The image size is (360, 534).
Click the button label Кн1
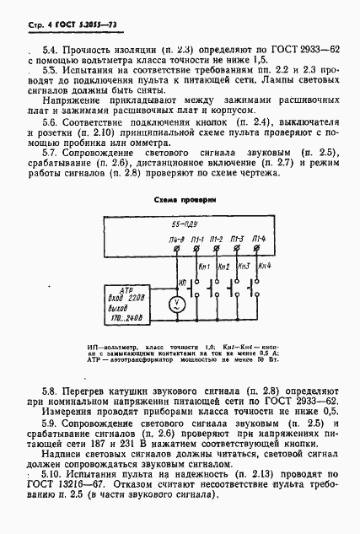[x=206, y=267]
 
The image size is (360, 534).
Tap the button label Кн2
[x=225, y=267]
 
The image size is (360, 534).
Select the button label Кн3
[x=245, y=267]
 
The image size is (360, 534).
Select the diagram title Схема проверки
[x=180, y=200]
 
